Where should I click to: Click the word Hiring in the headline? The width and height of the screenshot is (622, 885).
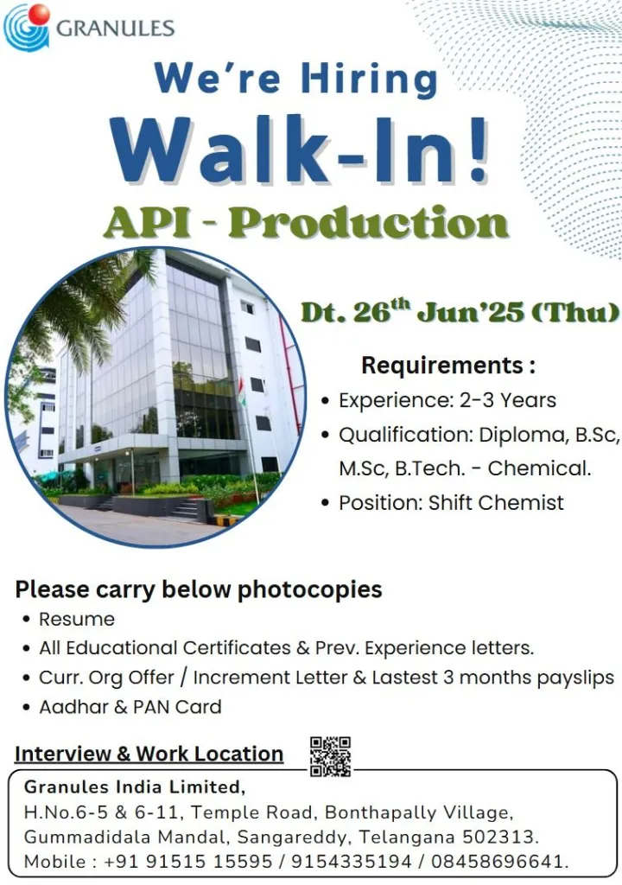click(369, 79)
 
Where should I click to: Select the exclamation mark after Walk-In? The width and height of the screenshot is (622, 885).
click(478, 149)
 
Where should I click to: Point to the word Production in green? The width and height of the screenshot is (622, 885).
click(369, 222)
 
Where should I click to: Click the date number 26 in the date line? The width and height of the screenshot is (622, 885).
click(371, 313)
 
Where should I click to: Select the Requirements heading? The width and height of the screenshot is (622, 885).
click(448, 366)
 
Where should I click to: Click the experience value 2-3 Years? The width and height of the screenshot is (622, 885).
click(507, 400)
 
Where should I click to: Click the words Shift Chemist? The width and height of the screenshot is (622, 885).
click(496, 502)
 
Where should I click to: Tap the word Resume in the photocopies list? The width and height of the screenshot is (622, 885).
click(77, 619)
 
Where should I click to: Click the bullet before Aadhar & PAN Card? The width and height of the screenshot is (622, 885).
click(27, 707)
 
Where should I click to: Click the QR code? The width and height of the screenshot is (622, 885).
click(330, 756)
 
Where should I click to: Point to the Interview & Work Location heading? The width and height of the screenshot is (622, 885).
click(149, 754)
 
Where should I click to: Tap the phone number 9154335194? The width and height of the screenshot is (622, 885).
click(351, 862)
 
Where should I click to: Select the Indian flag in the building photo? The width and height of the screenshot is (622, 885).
click(242, 392)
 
